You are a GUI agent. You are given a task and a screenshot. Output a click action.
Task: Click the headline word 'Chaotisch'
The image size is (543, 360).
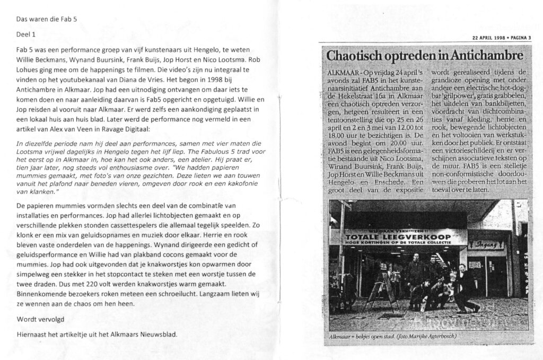[x=353, y=56]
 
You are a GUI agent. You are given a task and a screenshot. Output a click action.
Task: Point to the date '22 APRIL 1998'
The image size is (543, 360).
[x=487, y=37]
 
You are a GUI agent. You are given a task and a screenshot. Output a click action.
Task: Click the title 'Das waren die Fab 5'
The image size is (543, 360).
[x=47, y=19]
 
